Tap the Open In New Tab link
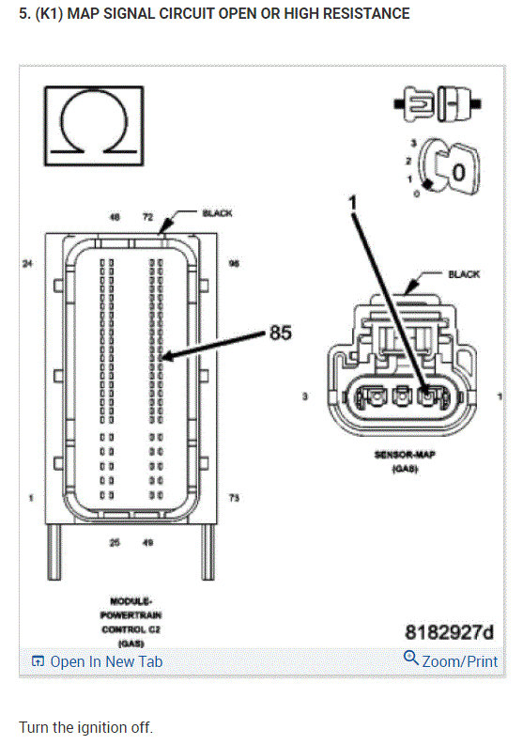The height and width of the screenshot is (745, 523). click(97, 661)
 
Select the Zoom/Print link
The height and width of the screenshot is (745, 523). click(451, 660)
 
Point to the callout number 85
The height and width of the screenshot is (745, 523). click(281, 332)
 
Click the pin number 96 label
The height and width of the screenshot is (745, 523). click(234, 264)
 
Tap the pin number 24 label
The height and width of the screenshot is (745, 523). click(27, 264)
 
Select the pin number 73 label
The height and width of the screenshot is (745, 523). click(234, 497)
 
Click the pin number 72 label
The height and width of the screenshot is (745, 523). click(147, 217)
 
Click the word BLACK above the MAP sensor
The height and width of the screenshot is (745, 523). click(463, 274)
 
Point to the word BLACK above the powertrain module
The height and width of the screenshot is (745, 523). click(217, 213)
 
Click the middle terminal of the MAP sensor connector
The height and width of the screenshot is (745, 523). click(402, 397)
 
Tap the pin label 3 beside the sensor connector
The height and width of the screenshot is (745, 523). click(304, 397)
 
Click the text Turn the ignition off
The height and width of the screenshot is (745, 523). click(85, 728)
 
